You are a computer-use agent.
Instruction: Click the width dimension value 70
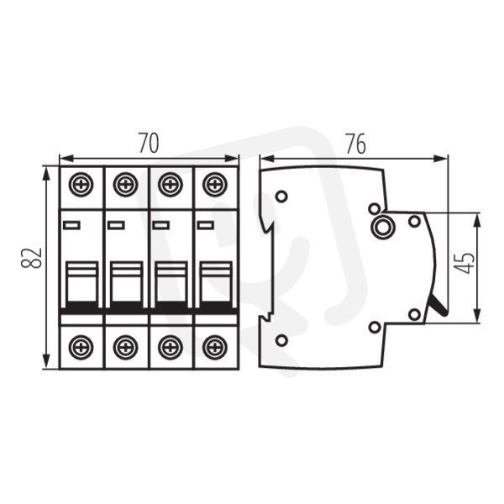pos(149,144)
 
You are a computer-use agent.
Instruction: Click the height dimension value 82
pos(31,258)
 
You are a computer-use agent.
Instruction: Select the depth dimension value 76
pos(355,144)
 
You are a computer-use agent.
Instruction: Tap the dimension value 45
pos(465,263)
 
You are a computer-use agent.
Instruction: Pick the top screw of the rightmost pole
pos(214,185)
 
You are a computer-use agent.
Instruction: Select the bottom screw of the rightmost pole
pos(214,348)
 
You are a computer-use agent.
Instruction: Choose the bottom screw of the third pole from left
pos(170,348)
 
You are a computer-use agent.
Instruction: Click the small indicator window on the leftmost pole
pos(71,225)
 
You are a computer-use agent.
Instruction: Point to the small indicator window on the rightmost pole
pos(206,225)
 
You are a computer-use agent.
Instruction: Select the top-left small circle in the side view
pos(281,196)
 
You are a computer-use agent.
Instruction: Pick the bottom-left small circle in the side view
pos(281,340)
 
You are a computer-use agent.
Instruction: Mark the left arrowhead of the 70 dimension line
pos(66,158)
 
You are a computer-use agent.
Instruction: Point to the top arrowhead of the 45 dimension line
pos(478,219)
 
